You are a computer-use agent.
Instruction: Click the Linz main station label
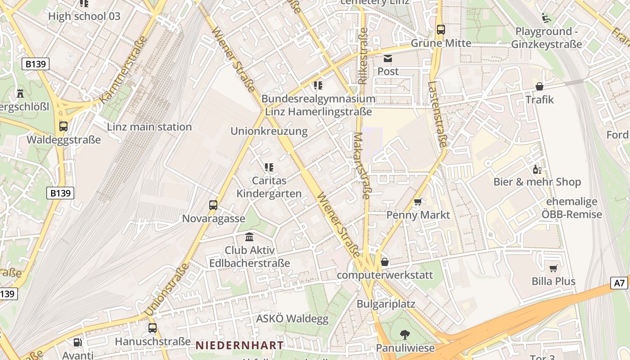click(x=149, y=127)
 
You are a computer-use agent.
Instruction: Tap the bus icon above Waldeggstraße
click(x=63, y=126)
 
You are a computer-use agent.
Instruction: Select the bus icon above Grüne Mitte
click(x=441, y=30)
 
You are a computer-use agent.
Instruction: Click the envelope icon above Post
click(x=388, y=58)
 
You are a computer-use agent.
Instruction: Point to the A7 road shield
click(x=620, y=283)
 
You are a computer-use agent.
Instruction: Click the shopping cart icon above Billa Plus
click(x=553, y=269)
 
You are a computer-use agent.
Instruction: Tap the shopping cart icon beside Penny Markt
click(x=418, y=202)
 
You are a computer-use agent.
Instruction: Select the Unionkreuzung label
click(x=269, y=131)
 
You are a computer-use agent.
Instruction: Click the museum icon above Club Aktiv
click(x=249, y=237)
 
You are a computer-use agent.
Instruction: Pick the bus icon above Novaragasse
click(x=213, y=205)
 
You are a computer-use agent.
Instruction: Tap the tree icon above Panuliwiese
click(x=405, y=334)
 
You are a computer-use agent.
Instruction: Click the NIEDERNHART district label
click(x=239, y=346)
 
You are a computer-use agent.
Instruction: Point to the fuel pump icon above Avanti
click(x=77, y=342)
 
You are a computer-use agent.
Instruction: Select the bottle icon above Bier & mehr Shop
click(x=537, y=169)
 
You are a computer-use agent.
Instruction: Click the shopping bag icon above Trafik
click(x=539, y=86)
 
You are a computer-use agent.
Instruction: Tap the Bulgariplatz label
click(x=386, y=304)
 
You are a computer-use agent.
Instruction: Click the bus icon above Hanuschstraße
click(x=153, y=328)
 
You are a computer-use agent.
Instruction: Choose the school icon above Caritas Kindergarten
click(x=269, y=168)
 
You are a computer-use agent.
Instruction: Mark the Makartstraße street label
click(x=363, y=165)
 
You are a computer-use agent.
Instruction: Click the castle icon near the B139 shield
click(x=20, y=94)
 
